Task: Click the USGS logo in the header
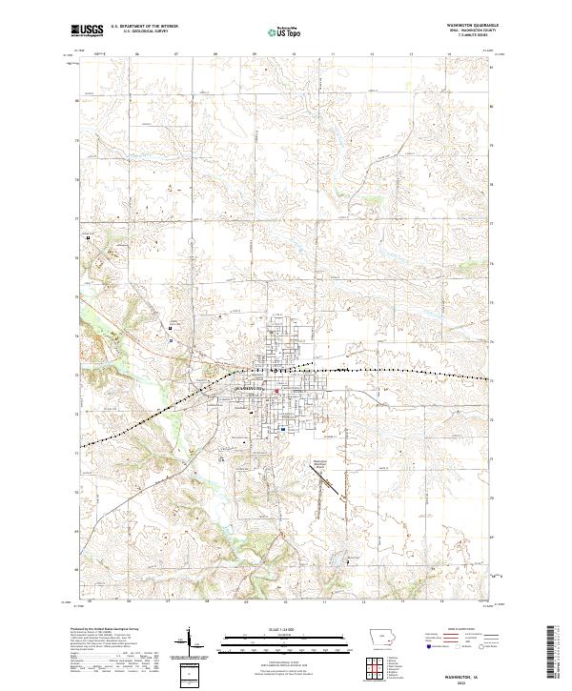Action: tap(87, 31)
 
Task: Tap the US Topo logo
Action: tap(282, 32)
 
